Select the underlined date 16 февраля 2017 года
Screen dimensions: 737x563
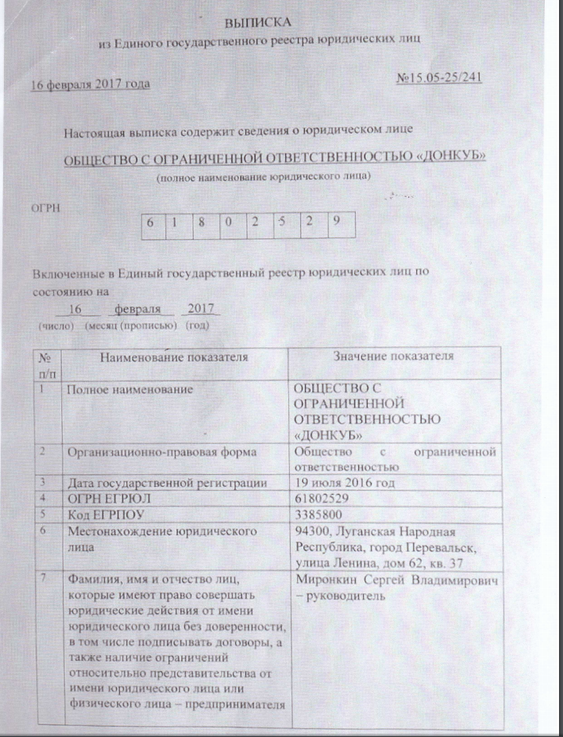pyautogui.click(x=90, y=84)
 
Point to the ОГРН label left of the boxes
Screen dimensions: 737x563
pyautogui.click(x=44, y=207)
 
